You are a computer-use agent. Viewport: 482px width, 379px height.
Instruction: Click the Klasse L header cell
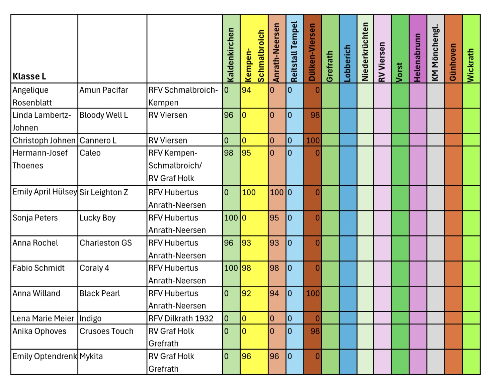29,76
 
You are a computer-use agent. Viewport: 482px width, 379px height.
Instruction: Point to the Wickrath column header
471,65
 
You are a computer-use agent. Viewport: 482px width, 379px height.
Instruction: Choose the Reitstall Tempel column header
294,52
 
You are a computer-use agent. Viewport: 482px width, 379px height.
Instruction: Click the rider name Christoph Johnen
44,140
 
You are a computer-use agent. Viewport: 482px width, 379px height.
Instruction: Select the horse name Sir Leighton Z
104,192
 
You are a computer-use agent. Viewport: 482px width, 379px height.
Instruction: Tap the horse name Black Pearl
100,293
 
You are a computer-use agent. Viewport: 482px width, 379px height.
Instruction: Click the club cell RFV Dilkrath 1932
181,318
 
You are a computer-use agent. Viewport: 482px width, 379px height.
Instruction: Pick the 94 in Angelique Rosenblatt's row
247,90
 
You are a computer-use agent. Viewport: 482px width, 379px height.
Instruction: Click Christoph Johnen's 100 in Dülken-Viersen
313,140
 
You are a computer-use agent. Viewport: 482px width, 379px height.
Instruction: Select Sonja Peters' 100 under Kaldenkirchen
231,218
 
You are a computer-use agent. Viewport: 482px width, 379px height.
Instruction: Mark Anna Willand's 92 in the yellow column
247,293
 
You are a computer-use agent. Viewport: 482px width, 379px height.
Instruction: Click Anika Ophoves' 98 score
315,331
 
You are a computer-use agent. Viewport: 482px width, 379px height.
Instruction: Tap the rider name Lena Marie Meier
43,318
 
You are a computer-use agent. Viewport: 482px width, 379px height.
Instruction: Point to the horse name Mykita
91,356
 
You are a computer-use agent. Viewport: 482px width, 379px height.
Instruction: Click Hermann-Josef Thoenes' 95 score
247,153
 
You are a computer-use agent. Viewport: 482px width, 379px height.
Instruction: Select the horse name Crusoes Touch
106,331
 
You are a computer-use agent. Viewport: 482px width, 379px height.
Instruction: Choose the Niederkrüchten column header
365,52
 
